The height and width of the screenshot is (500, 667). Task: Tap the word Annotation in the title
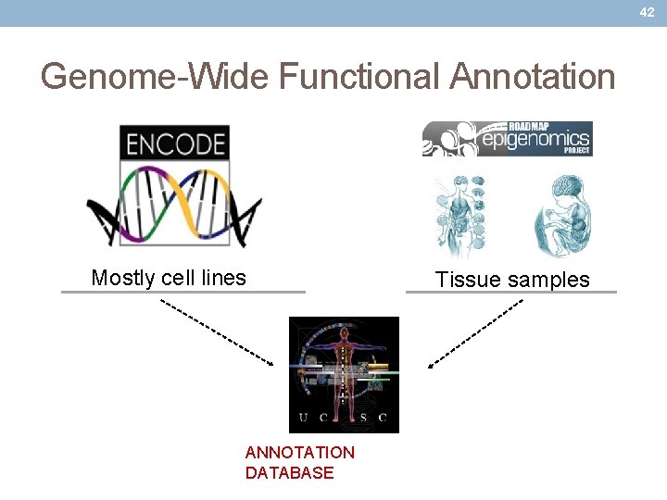coord(533,76)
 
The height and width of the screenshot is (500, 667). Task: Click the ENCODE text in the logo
coord(175,144)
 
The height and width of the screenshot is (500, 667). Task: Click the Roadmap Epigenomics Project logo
coord(507,139)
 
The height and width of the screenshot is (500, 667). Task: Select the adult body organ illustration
coord(460,216)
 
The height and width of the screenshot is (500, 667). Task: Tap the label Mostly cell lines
coord(169,278)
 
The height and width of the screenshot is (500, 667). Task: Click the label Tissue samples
coord(512,280)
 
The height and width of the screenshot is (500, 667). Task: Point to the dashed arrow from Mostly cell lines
coord(218,331)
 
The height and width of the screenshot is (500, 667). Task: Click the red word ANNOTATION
coord(299,453)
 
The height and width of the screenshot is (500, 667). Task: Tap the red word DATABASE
coord(289,473)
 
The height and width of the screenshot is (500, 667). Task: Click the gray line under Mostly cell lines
coord(182,292)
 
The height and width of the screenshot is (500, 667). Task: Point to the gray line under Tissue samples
coord(510,293)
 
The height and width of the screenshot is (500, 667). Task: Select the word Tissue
coord(466,280)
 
